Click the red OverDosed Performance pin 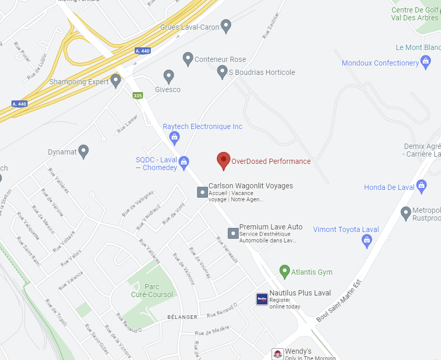point(223,160)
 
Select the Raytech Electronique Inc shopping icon point(175,137)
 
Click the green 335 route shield point(137,96)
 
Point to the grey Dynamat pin point(83,151)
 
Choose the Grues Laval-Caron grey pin point(226,25)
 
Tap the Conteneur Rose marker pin point(188,58)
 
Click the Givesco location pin point(168,76)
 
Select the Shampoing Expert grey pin point(115,81)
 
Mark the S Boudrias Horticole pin point(223,72)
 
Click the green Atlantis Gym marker point(284,272)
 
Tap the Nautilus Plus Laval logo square point(262,299)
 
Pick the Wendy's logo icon point(278,354)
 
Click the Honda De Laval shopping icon point(422,186)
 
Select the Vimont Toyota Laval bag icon point(367,240)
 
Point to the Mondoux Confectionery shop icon point(426,62)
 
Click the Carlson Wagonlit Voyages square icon point(202,192)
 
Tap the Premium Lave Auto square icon point(233,233)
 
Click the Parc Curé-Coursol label point(152,291)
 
